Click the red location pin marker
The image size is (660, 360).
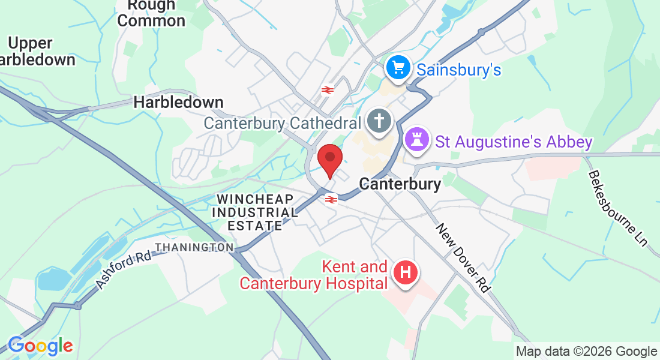[329, 160]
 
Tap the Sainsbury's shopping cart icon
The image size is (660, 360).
[398, 68]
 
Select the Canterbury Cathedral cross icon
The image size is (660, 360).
[379, 121]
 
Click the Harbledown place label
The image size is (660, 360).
[178, 103]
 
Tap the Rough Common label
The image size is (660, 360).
[151, 13]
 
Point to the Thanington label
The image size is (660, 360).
[194, 247]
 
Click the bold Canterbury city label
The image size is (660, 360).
[400, 184]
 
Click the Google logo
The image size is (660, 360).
[40, 346]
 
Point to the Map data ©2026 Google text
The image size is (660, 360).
[586, 352]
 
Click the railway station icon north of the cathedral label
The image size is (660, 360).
[327, 90]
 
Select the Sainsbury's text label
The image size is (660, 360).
[459, 70]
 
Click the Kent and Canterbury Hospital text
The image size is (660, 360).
[313, 275]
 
